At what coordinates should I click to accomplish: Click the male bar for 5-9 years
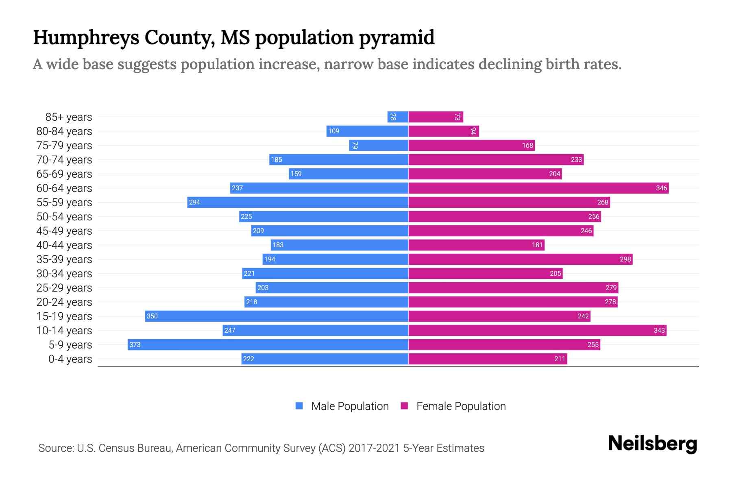tap(268, 344)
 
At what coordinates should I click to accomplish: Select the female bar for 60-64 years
tap(538, 188)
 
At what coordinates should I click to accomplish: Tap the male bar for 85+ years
tap(398, 117)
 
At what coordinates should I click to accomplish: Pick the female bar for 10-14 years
tap(537, 330)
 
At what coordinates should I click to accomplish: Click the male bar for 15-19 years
tap(277, 316)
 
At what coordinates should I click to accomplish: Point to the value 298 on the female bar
tap(625, 259)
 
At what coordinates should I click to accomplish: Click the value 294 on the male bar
tap(194, 202)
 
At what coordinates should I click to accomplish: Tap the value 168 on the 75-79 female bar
tap(527, 145)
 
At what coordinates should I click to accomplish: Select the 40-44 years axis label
tap(64, 245)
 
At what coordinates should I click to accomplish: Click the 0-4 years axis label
tap(70, 359)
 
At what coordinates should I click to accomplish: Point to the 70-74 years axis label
tap(64, 160)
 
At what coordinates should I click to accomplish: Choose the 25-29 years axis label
tap(64, 288)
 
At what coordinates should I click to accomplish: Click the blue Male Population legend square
tap(299, 406)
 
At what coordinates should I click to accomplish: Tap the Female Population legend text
tap(461, 406)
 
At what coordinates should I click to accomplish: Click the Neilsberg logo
tap(652, 444)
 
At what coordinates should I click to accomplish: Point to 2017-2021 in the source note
tap(374, 448)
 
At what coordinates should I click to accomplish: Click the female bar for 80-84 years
tap(443, 131)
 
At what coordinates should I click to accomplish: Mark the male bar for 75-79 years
tap(379, 145)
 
